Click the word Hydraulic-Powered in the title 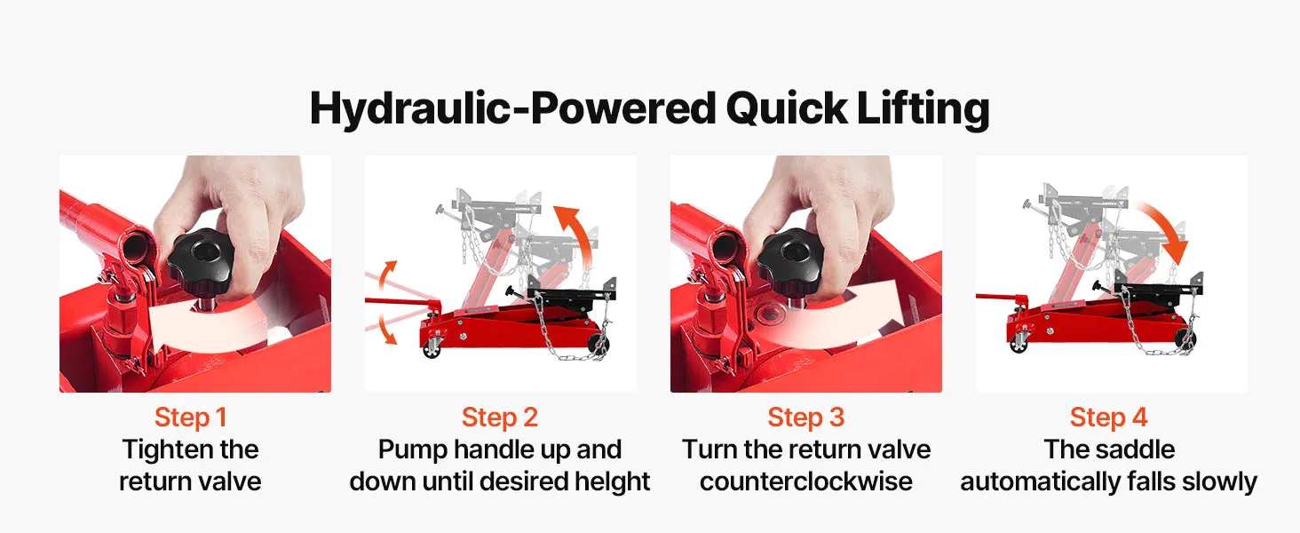(513, 108)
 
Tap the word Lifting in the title (923, 108)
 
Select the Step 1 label (190, 417)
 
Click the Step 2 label (500, 417)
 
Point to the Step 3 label (805, 417)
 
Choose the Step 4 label (1108, 417)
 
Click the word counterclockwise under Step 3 (805, 481)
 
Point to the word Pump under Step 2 (413, 450)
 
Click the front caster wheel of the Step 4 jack (1019, 343)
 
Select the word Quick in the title (787, 108)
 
